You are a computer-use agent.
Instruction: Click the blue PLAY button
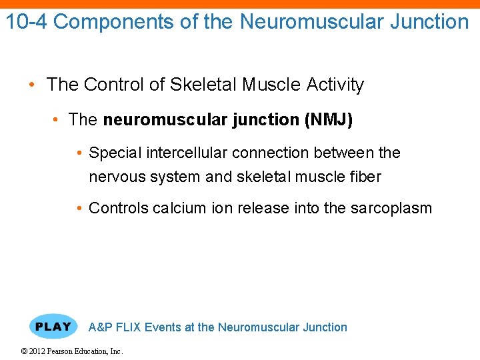coord(53,327)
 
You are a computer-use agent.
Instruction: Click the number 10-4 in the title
coord(27,21)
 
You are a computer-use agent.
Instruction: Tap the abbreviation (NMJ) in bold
coord(328,120)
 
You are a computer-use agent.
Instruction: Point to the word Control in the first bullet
coord(111,85)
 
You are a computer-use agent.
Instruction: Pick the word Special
coord(115,153)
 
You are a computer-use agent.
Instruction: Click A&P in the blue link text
coord(100,327)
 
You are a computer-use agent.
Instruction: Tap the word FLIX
coord(128,327)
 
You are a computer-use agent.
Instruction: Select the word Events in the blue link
coord(162,327)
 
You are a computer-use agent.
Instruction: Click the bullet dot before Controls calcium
coord(80,208)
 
